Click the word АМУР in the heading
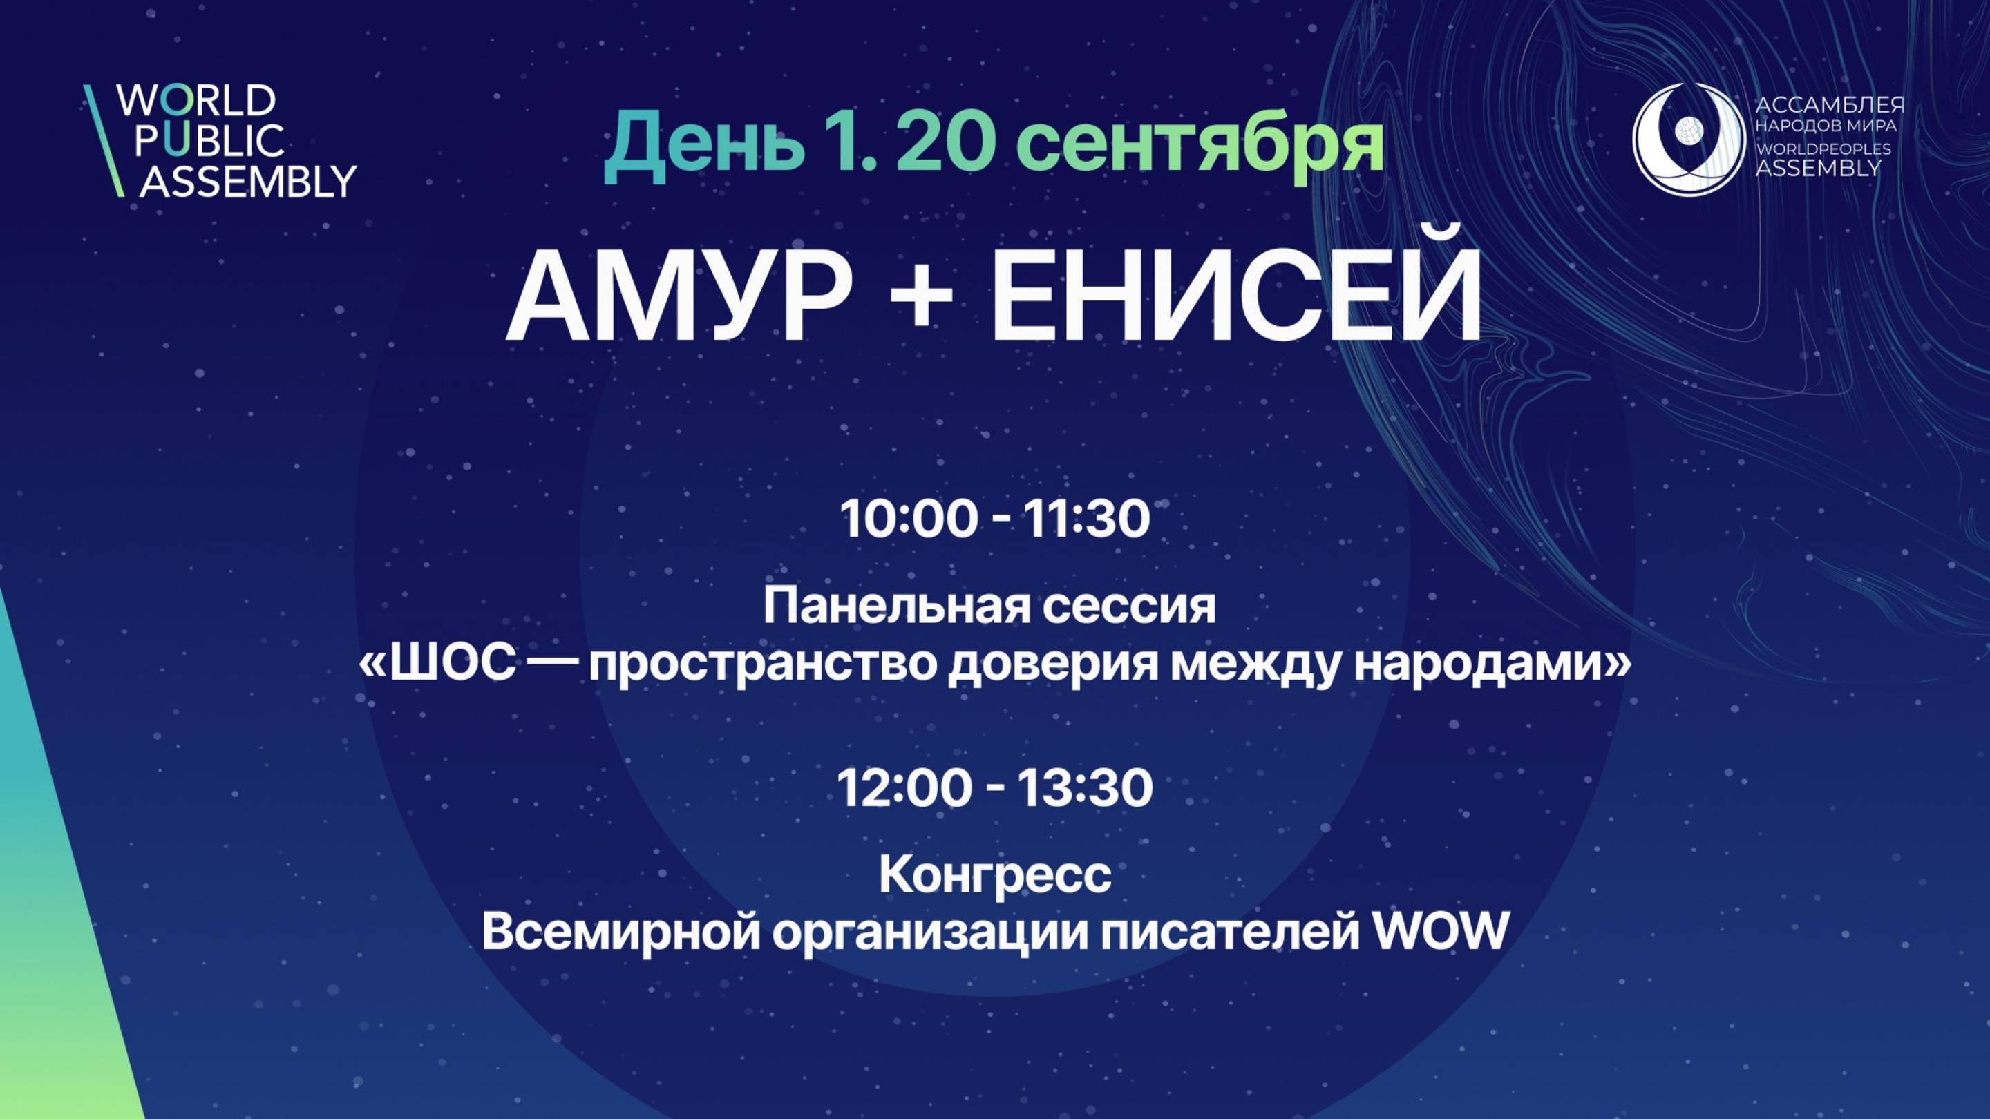[680, 297]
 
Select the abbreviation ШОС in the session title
[453, 663]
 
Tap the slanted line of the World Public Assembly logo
[104, 140]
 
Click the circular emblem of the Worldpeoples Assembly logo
[1689, 139]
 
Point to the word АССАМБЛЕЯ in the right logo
[1829, 106]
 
